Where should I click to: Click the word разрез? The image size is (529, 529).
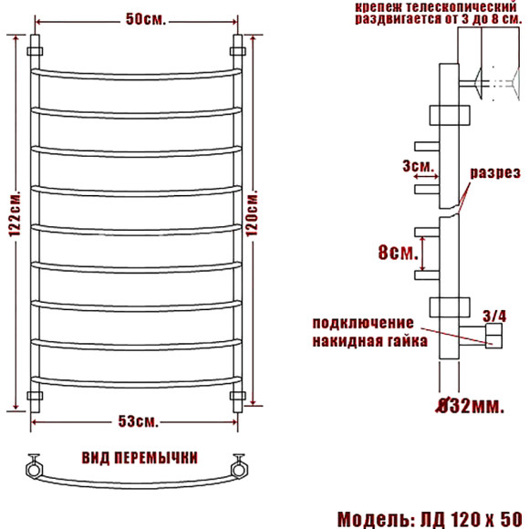pyautogui.click(x=495, y=173)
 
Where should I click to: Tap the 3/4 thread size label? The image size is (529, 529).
pyautogui.click(x=493, y=316)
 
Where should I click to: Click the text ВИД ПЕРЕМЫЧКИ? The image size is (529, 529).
pyautogui.click(x=139, y=457)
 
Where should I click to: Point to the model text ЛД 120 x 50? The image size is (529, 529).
pyautogui.click(x=465, y=518)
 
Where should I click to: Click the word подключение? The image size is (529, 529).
pyautogui.click(x=362, y=323)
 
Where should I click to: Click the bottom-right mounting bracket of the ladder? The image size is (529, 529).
pyautogui.click(x=240, y=397)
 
